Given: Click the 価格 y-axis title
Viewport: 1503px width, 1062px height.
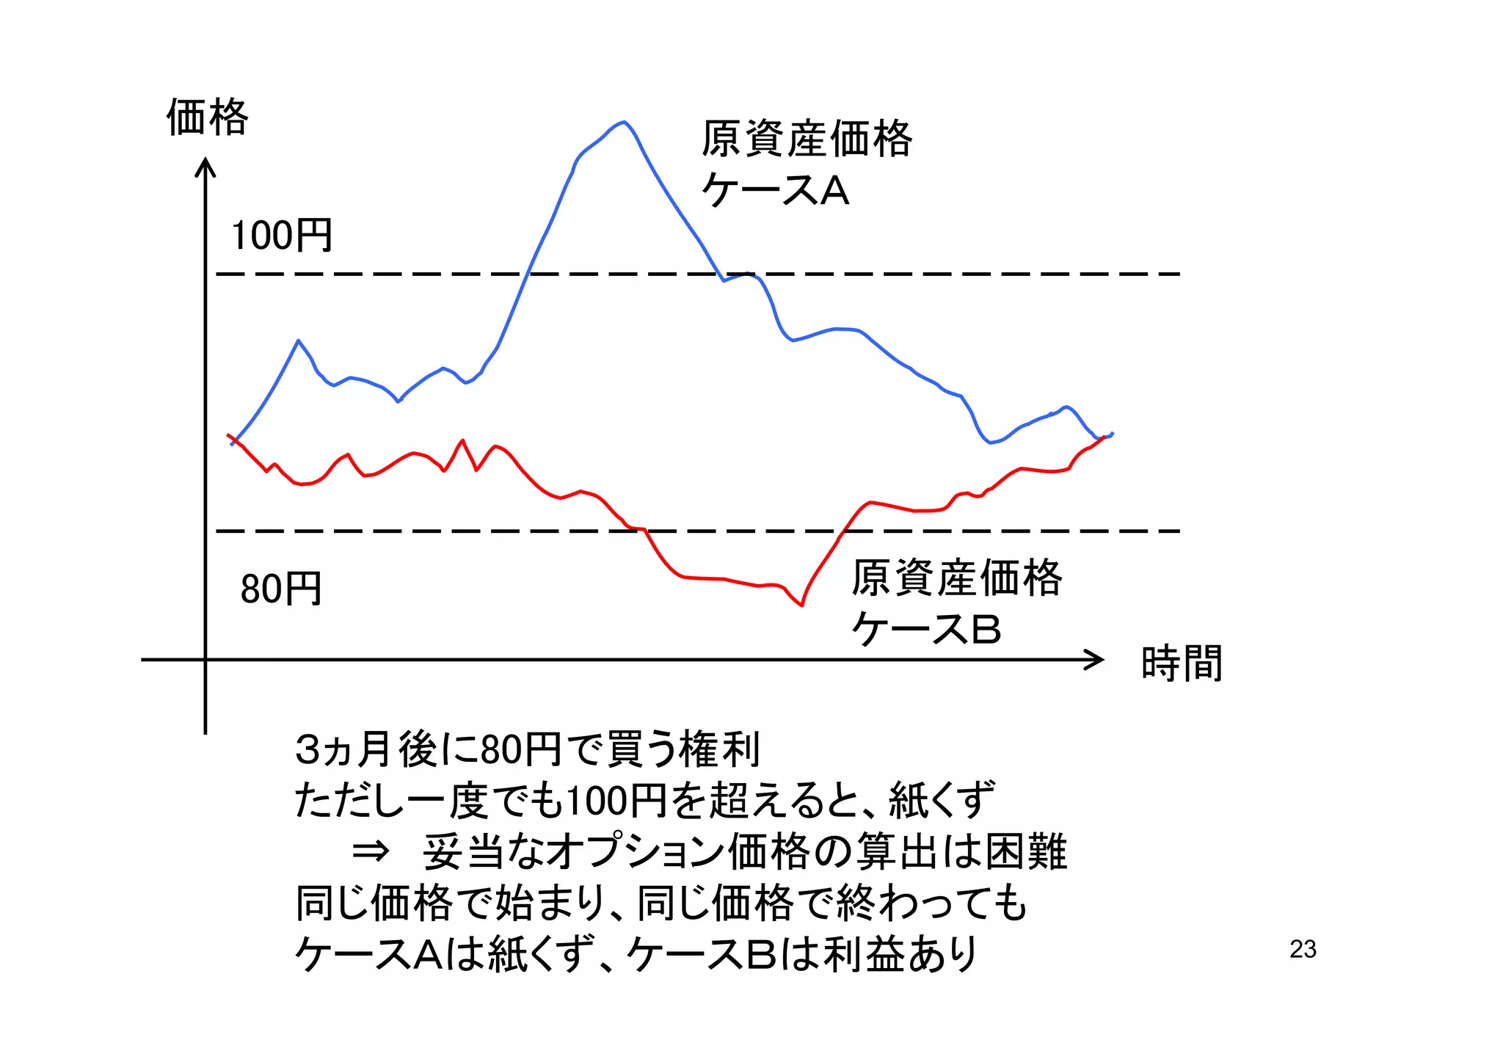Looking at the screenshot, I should (208, 117).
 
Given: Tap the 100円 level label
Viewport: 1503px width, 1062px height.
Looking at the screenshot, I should (282, 236).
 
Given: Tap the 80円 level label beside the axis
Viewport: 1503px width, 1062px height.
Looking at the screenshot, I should (281, 589).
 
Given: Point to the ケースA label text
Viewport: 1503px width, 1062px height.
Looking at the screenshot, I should (776, 191).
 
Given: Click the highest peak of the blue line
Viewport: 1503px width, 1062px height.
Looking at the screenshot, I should (623, 123).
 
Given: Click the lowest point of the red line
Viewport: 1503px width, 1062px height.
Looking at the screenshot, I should (801, 605).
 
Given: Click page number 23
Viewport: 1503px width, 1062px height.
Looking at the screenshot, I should (1303, 950).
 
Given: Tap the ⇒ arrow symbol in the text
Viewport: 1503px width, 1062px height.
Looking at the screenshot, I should (370, 852).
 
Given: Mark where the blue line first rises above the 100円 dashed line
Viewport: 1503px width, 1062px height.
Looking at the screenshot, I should (528, 274).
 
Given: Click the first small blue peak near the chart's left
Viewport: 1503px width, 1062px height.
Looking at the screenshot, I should (298, 341).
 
